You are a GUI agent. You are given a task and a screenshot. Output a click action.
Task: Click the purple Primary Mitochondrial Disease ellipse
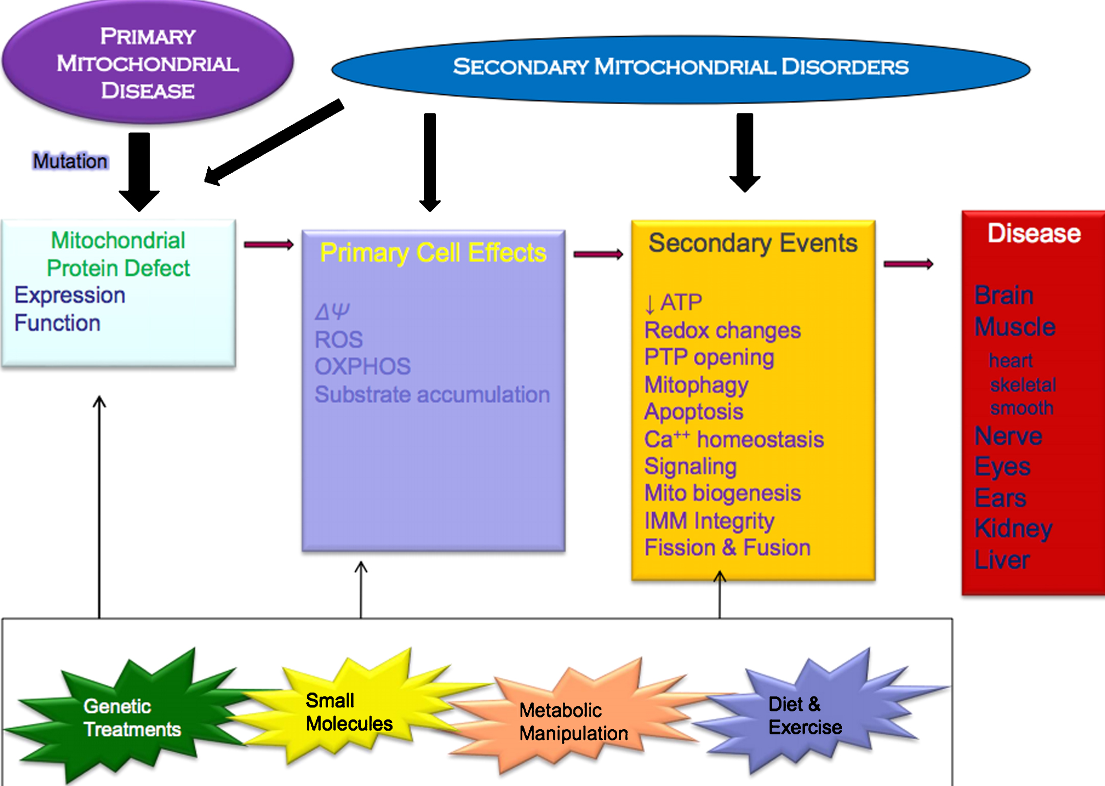pyautogui.click(x=148, y=63)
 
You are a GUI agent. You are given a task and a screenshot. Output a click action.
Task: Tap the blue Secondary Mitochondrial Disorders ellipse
pyautogui.click(x=680, y=67)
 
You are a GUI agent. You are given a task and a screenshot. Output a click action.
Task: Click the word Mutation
pyautogui.click(x=70, y=161)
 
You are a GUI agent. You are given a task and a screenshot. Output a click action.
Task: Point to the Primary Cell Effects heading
pyautogui.click(x=433, y=253)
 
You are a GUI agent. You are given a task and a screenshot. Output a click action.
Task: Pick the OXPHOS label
pyautogui.click(x=362, y=367)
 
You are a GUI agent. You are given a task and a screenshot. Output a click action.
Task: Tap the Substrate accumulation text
pyautogui.click(x=432, y=395)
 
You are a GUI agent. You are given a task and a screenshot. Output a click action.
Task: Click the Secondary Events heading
pyautogui.click(x=753, y=243)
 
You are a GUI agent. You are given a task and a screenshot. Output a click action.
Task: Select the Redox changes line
pyautogui.click(x=722, y=330)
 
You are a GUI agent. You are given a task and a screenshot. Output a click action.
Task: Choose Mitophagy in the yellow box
pyautogui.click(x=696, y=385)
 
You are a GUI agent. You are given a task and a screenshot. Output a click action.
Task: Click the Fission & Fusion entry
pyautogui.click(x=727, y=548)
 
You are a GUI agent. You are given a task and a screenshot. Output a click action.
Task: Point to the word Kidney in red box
pyautogui.click(x=1013, y=529)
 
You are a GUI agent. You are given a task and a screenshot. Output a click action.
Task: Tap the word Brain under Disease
pyautogui.click(x=1004, y=295)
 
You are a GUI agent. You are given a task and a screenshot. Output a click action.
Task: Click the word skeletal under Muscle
pyautogui.click(x=1023, y=385)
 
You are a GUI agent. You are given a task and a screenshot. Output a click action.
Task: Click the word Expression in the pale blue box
pyautogui.click(x=70, y=296)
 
